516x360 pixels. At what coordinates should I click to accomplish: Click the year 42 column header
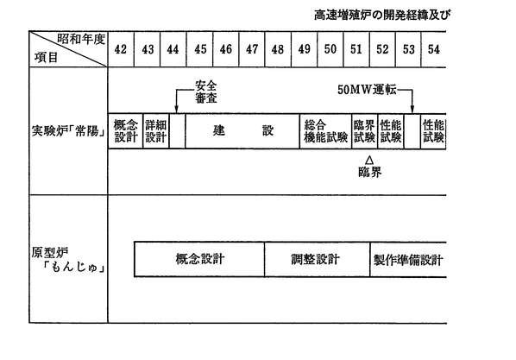click(x=121, y=49)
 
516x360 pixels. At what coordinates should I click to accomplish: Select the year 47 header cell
click(x=252, y=49)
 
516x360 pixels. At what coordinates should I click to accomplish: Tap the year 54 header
click(x=434, y=49)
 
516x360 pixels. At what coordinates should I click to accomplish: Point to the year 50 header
click(x=330, y=49)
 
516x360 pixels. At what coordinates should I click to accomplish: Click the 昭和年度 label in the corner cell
click(x=81, y=39)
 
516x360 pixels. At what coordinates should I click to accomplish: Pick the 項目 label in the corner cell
click(x=46, y=58)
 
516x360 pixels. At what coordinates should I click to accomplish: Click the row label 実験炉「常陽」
click(x=69, y=131)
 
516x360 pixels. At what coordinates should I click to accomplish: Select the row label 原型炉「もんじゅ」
click(x=68, y=261)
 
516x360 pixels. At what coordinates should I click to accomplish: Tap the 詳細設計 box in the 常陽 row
click(x=156, y=131)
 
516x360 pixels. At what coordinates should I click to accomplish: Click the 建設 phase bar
click(x=242, y=131)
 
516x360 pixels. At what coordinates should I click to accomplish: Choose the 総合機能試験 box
click(x=326, y=131)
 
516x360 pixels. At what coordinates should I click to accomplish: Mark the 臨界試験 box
click(x=365, y=131)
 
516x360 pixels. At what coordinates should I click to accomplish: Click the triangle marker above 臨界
click(x=369, y=160)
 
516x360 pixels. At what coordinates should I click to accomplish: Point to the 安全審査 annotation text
click(x=206, y=92)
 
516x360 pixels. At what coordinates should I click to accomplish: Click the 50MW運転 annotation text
click(x=367, y=90)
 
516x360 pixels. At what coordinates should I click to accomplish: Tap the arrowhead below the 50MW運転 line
click(x=412, y=110)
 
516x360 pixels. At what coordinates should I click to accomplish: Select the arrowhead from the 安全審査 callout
click(x=176, y=110)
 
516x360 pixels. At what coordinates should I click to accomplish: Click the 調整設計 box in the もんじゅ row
click(x=317, y=259)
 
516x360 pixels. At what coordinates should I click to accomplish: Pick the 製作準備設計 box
click(x=408, y=259)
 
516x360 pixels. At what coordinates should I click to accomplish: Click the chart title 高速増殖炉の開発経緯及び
click(x=382, y=15)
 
